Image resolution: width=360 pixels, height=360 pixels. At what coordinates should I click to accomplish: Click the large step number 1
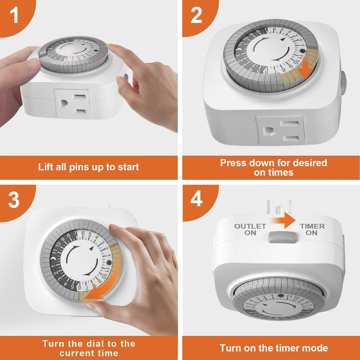(x=14, y=15)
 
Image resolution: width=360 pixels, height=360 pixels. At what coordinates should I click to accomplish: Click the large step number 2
(x=196, y=15)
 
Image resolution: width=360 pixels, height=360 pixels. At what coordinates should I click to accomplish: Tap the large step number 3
(x=14, y=200)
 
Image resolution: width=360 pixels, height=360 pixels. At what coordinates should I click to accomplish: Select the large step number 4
(x=196, y=199)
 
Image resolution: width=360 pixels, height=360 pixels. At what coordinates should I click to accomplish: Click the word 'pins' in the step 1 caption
(x=79, y=167)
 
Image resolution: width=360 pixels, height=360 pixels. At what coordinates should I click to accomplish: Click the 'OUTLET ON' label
(x=250, y=229)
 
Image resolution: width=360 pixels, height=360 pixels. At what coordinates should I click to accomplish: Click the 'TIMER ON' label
(x=312, y=229)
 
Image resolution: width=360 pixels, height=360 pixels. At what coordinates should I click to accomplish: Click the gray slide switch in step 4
(x=282, y=238)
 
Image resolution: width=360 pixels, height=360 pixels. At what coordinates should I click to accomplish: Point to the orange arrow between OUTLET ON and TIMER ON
(x=283, y=221)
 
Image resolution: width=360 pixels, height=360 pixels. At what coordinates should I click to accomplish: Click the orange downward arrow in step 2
(x=305, y=70)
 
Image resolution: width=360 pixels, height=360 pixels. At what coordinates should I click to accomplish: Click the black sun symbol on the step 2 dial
(x=302, y=50)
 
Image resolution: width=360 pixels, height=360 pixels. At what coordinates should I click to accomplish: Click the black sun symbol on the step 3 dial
(x=109, y=262)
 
